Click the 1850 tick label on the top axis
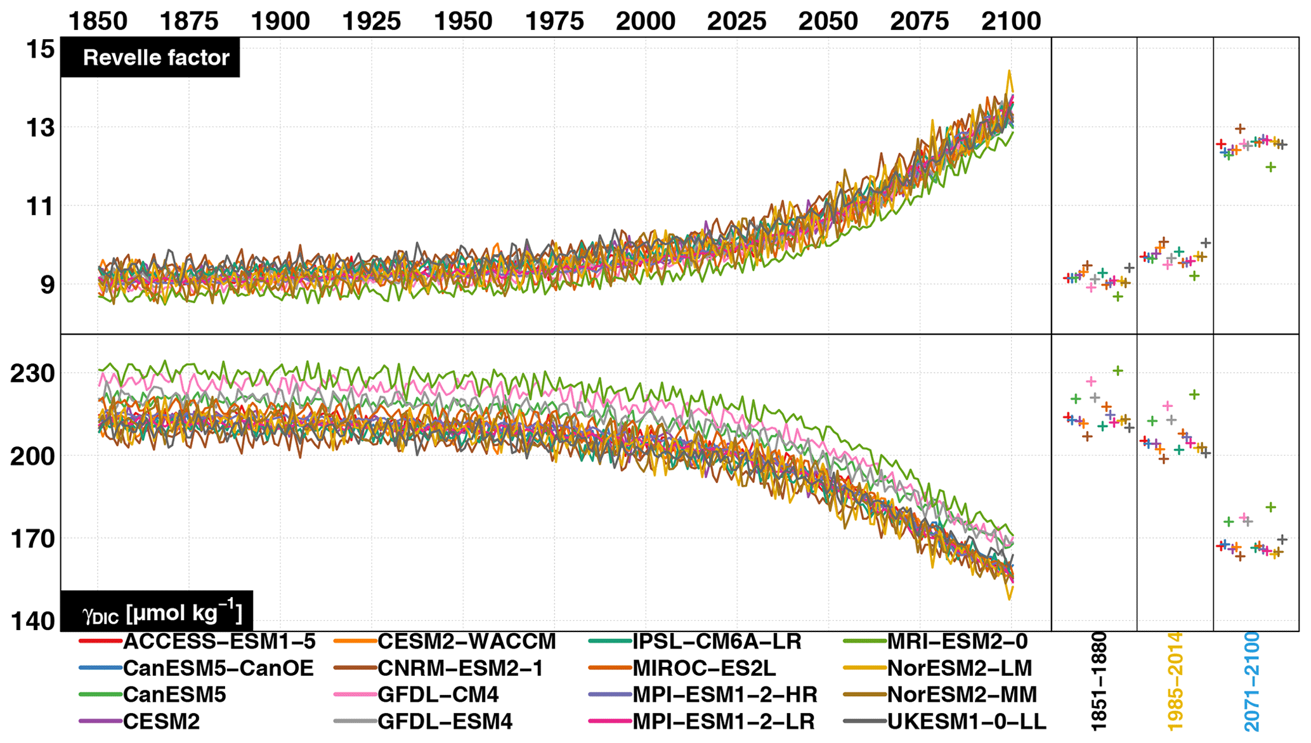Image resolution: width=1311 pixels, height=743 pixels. (x=97, y=21)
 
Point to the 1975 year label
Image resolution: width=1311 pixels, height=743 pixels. (x=554, y=21)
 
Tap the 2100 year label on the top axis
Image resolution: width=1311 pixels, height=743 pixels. (x=1011, y=21)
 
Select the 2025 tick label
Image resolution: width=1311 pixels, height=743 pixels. (x=737, y=21)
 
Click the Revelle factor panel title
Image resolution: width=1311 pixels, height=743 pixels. (x=155, y=58)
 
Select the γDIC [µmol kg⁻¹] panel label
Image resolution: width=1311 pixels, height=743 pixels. (x=162, y=613)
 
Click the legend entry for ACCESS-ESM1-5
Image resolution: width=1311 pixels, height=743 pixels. (x=219, y=642)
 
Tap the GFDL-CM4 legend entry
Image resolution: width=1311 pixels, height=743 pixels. (x=438, y=695)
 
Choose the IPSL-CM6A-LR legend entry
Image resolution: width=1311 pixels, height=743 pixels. (x=717, y=642)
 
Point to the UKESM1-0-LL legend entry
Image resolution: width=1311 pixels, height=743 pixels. (x=966, y=721)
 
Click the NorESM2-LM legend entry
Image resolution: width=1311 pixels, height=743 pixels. (x=959, y=668)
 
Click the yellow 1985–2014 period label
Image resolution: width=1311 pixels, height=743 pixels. (x=1175, y=681)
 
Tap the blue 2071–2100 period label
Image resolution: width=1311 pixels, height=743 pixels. (x=1251, y=681)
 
